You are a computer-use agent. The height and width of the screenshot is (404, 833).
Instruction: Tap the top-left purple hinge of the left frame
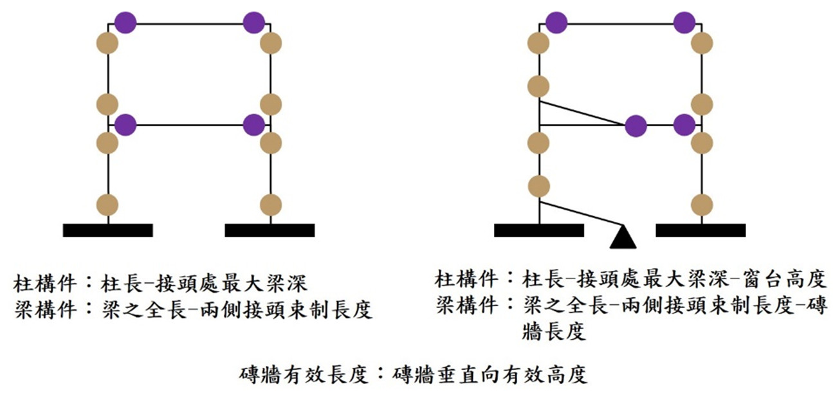click(x=126, y=24)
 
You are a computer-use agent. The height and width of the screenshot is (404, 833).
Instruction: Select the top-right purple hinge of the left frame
click(x=254, y=24)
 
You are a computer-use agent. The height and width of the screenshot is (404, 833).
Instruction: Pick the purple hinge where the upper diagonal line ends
click(x=636, y=125)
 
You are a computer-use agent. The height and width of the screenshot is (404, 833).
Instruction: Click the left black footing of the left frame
click(x=107, y=230)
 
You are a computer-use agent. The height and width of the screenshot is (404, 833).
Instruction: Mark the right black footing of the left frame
click(x=270, y=230)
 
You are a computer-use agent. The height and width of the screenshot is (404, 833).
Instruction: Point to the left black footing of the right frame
click(x=538, y=230)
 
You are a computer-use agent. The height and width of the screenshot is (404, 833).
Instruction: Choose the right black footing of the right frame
click(x=700, y=230)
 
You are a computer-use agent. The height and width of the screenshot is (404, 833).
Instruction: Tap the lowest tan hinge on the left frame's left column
click(x=108, y=205)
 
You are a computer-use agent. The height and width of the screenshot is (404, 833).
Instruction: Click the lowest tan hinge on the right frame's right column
click(x=702, y=205)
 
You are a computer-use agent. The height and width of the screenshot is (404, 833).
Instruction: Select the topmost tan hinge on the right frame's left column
click(x=538, y=43)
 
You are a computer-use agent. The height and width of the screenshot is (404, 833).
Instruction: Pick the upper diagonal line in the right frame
click(x=582, y=113)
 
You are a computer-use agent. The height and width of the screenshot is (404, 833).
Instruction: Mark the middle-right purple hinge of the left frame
click(x=254, y=125)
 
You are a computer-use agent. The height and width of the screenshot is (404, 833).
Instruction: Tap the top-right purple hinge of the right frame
click(x=684, y=24)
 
